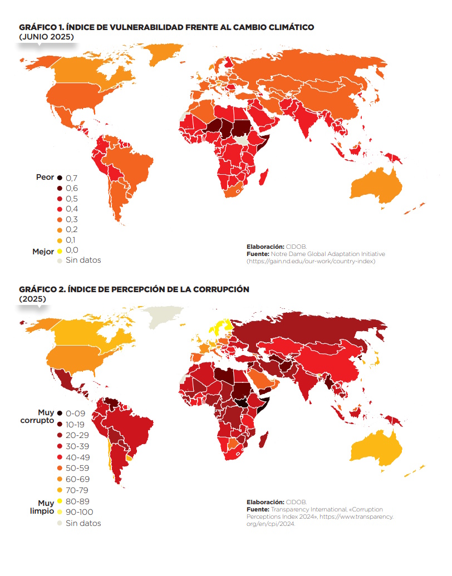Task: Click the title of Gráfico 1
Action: pyautogui.click(x=166, y=27)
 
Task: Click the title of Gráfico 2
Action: pyautogui.click(x=134, y=289)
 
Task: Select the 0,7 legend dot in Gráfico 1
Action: pyautogui.click(x=59, y=178)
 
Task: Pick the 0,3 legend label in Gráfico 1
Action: pyautogui.click(x=72, y=219)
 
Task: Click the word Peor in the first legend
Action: pyautogui.click(x=45, y=177)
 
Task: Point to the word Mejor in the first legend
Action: pyautogui.click(x=43, y=252)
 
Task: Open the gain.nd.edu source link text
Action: pyautogui.click(x=312, y=261)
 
